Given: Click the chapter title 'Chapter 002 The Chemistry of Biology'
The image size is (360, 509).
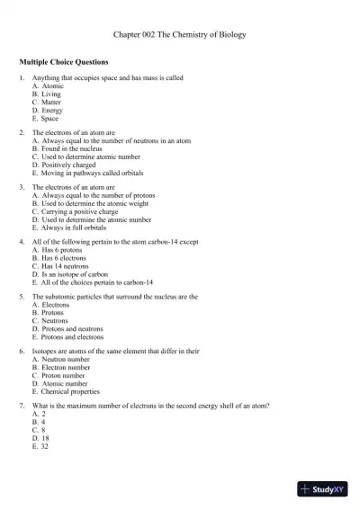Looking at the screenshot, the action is pos(180,34).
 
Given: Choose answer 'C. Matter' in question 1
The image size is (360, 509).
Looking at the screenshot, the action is pos(48,102).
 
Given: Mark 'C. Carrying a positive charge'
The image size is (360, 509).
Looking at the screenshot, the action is pos(80,212).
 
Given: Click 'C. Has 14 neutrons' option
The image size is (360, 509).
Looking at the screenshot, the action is pos(64,266).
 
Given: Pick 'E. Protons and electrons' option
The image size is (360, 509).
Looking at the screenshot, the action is pos(67,337).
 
